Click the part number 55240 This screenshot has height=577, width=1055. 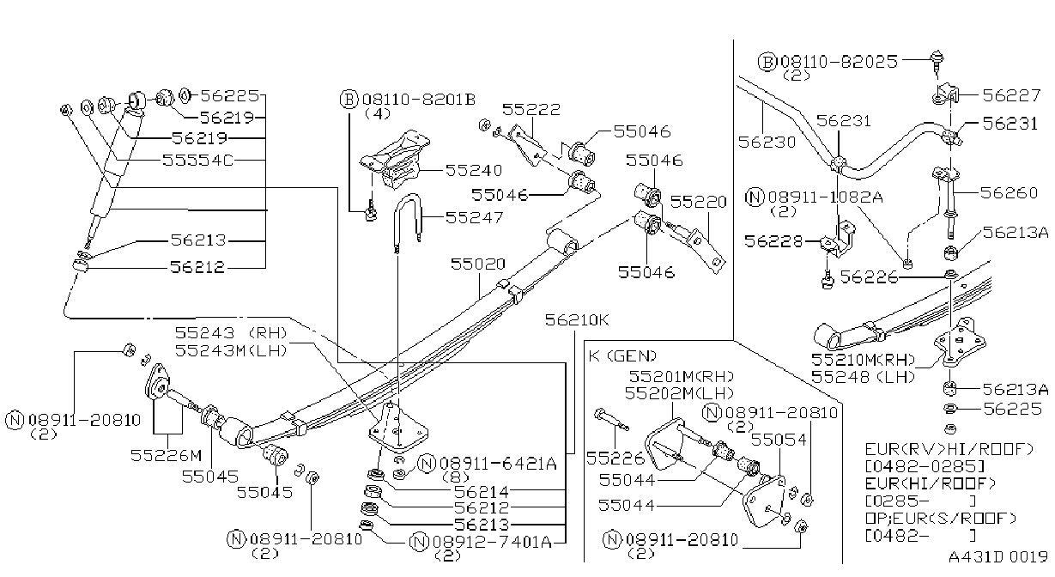click(x=474, y=170)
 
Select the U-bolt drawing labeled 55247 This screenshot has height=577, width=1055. click(x=408, y=222)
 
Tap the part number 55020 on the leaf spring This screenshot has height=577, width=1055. click(x=477, y=264)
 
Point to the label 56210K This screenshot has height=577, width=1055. click(x=577, y=320)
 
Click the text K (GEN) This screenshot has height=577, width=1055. click(x=622, y=355)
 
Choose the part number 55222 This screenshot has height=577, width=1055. click(x=531, y=110)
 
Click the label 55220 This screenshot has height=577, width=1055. click(x=699, y=202)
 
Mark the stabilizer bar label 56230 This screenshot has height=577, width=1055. click(x=767, y=142)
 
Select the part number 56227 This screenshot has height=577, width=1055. click(x=1011, y=95)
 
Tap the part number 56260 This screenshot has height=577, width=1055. click(x=1009, y=192)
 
